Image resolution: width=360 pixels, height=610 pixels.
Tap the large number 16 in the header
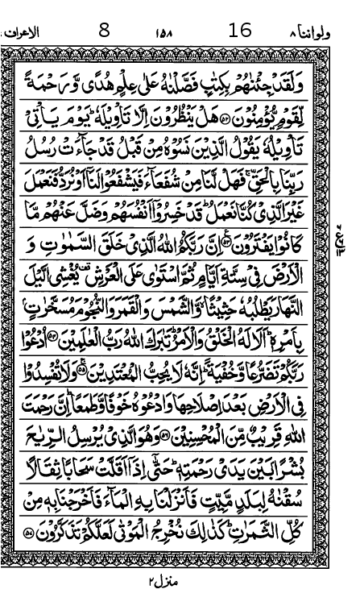(x=241, y=31)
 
